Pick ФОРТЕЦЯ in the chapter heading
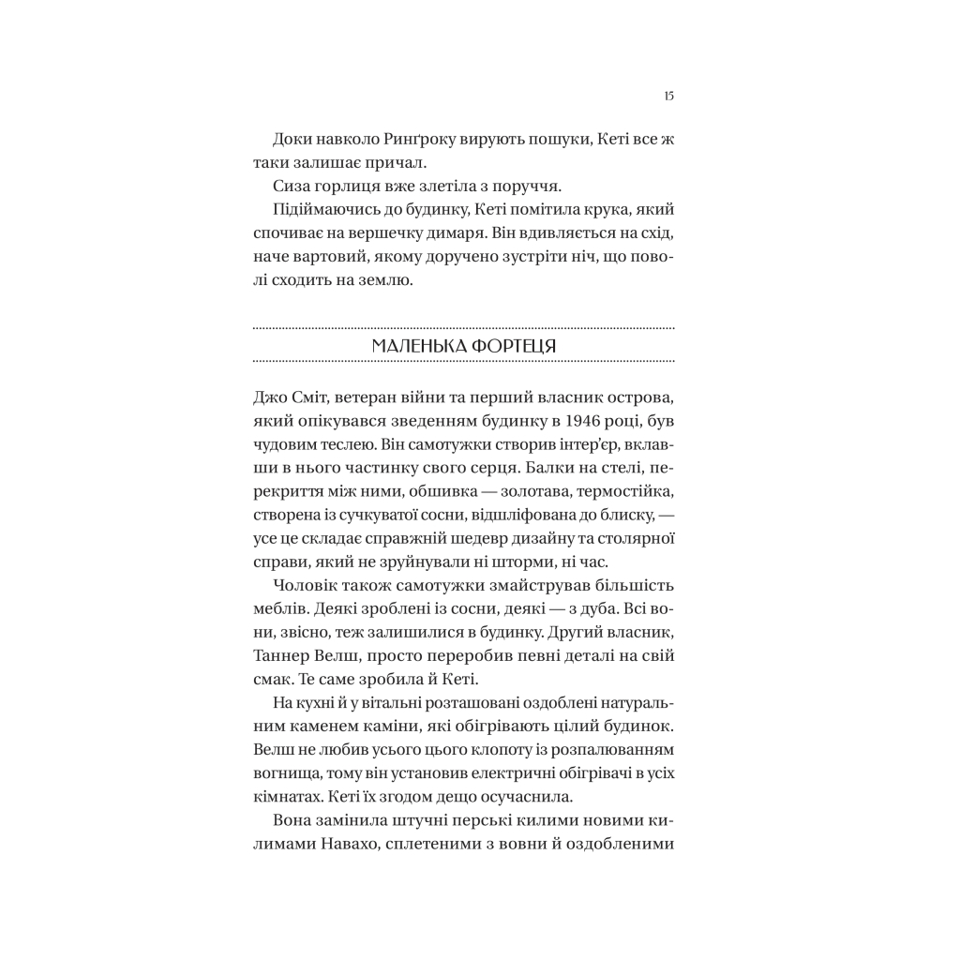point(511,345)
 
